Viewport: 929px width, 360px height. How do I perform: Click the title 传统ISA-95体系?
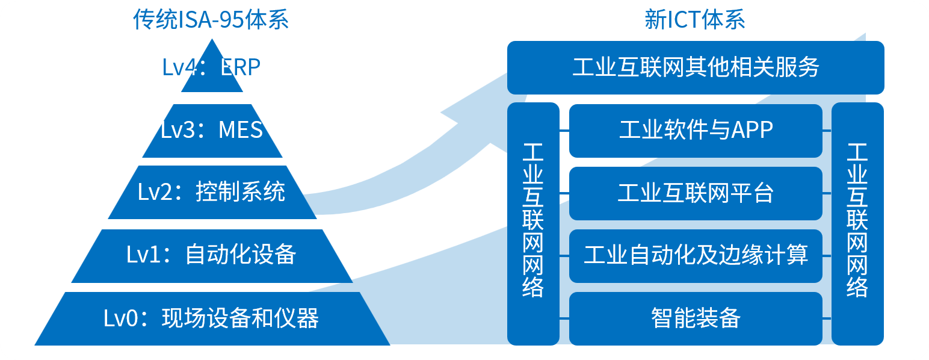tap(211, 20)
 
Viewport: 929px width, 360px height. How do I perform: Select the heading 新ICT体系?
tap(695, 20)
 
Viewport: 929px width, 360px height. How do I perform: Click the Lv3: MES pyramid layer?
tap(212, 131)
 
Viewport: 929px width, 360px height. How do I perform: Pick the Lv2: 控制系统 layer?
tap(212, 193)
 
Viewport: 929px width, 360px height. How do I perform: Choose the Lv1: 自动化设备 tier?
tap(212, 255)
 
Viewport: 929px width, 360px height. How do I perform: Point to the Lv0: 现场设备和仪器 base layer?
tap(212, 318)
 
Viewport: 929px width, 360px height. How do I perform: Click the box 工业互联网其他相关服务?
tap(696, 67)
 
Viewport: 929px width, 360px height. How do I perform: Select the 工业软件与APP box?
tap(696, 130)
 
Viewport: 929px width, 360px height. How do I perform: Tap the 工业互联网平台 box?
tap(696, 193)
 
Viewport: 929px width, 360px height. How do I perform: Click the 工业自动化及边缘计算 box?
tap(696, 256)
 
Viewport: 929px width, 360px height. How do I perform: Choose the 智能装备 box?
tap(696, 318)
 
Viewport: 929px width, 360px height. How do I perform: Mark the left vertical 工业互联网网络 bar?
tap(533, 223)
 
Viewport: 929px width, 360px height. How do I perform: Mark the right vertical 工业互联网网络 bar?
tap(857, 223)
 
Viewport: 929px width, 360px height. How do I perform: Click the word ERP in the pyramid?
tap(240, 67)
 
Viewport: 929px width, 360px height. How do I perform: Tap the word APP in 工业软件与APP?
tap(752, 130)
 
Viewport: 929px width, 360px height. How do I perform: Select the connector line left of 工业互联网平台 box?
tap(564, 193)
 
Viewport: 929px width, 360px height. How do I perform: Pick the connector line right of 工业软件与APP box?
tap(827, 130)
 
